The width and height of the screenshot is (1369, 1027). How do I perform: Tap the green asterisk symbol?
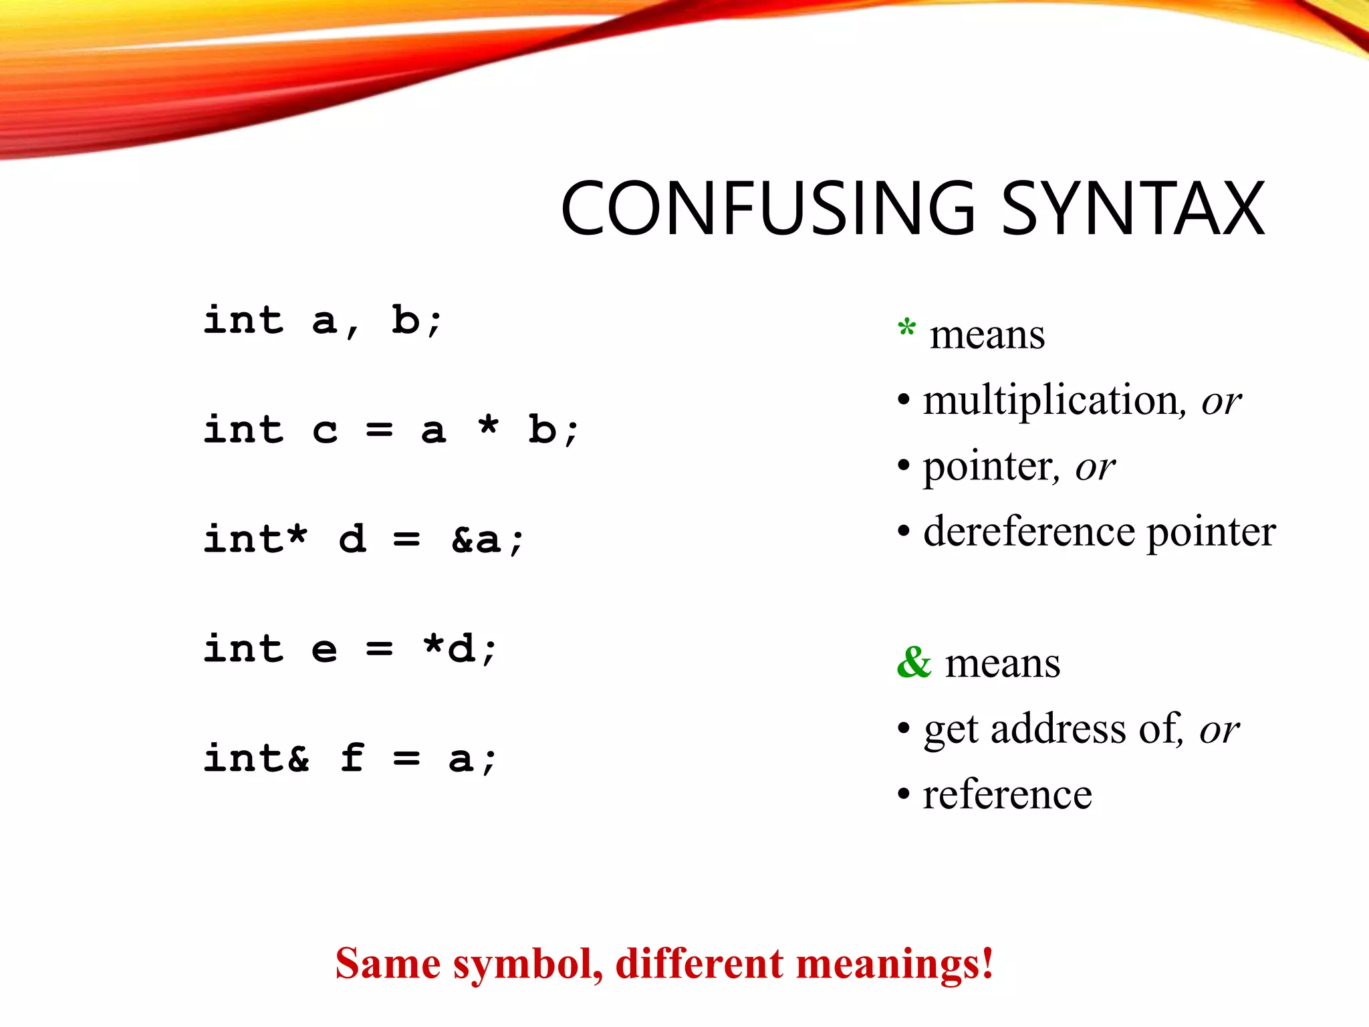[906, 328]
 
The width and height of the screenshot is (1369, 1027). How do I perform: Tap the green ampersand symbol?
[914, 663]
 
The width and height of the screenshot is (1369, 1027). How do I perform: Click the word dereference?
[1030, 533]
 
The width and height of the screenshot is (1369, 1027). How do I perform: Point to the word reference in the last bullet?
[1007, 795]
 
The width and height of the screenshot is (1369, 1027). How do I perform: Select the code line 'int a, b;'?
[322, 321]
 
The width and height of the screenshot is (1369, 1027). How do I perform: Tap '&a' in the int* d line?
[476, 540]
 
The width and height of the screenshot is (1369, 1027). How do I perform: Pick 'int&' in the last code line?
[257, 759]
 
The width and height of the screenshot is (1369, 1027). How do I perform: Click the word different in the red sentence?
[699, 964]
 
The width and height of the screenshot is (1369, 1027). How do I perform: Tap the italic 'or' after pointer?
[1095, 467]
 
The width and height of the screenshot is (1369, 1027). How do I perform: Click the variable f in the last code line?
[352, 758]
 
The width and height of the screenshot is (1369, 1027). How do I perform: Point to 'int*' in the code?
[255, 540]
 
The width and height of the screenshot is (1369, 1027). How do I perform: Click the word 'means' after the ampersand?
[1002, 664]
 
